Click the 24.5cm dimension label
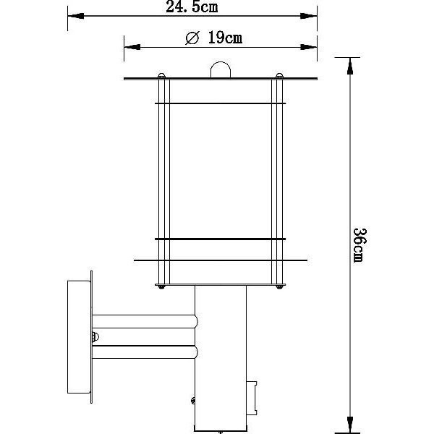(x=192, y=7)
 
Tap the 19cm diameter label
(x=225, y=38)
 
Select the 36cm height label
(x=360, y=245)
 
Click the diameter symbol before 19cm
(x=192, y=38)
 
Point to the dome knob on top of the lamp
(x=221, y=69)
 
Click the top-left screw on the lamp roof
(x=161, y=75)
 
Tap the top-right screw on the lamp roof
(x=279, y=75)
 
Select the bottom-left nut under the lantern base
(x=161, y=287)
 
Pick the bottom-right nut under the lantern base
(x=279, y=287)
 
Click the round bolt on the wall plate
(x=95, y=337)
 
